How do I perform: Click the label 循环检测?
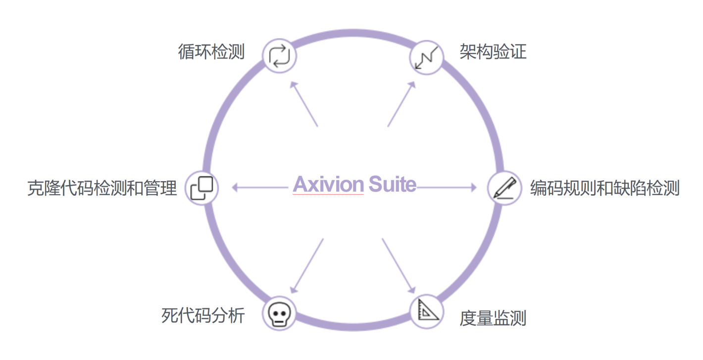(x=211, y=51)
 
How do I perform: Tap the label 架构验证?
(x=493, y=51)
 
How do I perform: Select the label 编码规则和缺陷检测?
(x=604, y=188)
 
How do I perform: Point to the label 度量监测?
(x=493, y=318)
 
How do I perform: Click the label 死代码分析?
(x=203, y=315)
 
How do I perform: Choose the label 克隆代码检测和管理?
(x=102, y=188)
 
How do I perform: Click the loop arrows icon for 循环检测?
(x=280, y=55)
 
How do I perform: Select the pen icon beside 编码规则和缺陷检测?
(x=504, y=189)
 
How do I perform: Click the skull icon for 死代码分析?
(x=279, y=313)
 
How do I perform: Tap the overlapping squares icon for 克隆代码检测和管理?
(x=202, y=188)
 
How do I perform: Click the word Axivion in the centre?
(x=328, y=185)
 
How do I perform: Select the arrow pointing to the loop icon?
(x=304, y=104)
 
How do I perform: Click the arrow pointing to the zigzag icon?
(x=401, y=104)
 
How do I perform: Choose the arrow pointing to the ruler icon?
(x=398, y=265)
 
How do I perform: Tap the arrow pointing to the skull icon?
(x=307, y=265)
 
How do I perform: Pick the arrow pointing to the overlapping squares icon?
(x=260, y=188)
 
